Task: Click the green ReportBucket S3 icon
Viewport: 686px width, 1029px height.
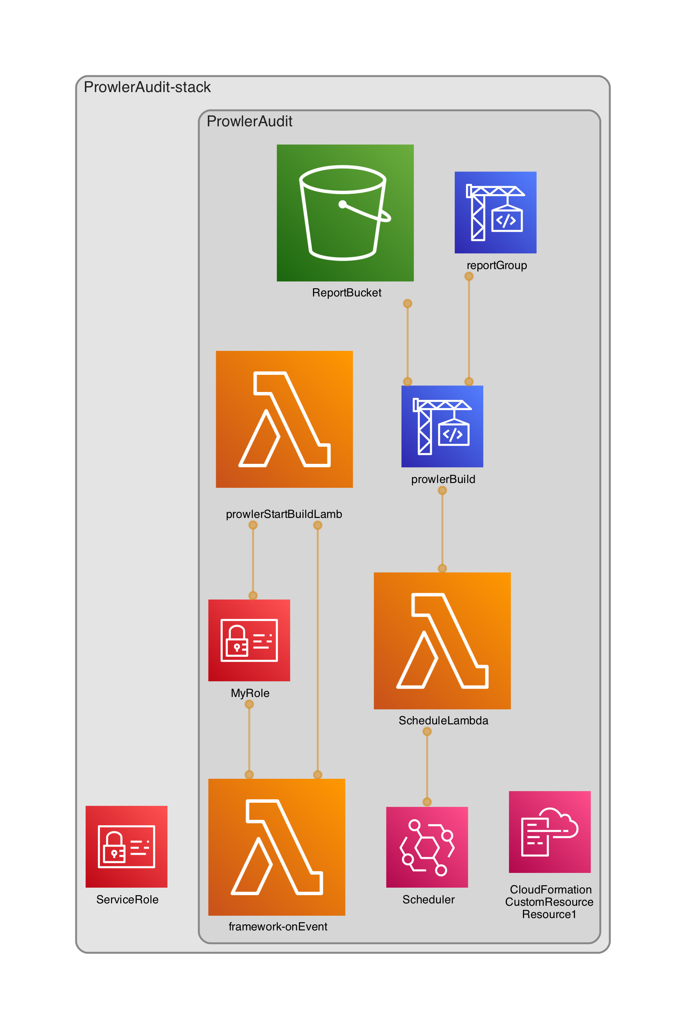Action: (x=345, y=213)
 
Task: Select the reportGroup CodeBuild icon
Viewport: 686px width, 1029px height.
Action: (x=495, y=212)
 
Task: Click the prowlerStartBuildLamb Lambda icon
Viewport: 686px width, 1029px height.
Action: (x=284, y=419)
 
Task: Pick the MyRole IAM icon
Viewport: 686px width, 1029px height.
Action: (x=249, y=640)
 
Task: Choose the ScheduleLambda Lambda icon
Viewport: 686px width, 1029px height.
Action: (x=442, y=641)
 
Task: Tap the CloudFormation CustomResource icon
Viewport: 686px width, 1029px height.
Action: (x=549, y=831)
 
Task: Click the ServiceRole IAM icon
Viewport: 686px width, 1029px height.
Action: (x=126, y=846)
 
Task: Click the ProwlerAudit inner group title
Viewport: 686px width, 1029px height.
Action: (x=249, y=121)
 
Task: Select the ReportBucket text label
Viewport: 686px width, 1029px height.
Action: (x=347, y=293)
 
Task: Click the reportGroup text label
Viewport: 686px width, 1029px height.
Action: (x=497, y=265)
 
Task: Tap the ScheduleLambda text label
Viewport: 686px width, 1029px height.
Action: (x=443, y=720)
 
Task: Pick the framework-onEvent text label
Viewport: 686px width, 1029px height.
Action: (x=278, y=926)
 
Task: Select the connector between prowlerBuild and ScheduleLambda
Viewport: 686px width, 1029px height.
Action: (x=442, y=529)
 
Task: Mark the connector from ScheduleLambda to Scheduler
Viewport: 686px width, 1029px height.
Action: (x=427, y=766)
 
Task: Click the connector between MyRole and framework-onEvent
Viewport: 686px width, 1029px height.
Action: (x=249, y=739)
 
